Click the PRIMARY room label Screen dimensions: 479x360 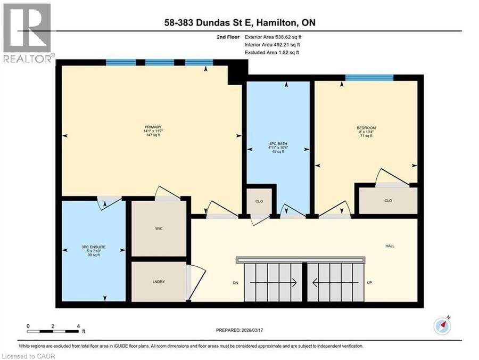coord(153,127)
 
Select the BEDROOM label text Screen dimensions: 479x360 coord(366,128)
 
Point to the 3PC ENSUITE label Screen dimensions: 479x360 coord(94,247)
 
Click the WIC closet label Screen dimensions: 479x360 coord(159,228)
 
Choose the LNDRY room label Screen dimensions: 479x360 coord(159,282)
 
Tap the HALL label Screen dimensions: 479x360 coord(390,246)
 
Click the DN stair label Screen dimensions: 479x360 coord(236,283)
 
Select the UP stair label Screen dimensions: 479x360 coord(369,283)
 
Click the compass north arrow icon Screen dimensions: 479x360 coord(442,325)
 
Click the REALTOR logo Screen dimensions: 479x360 coord(27,33)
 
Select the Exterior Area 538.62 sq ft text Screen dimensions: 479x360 coord(273,37)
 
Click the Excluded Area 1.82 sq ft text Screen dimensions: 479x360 coord(272,52)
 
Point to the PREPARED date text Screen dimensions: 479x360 coord(240,330)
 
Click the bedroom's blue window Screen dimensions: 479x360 coord(369,78)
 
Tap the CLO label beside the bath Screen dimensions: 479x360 coord(259,201)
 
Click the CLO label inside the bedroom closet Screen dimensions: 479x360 coord(389,201)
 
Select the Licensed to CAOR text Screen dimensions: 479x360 coord(28,356)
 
